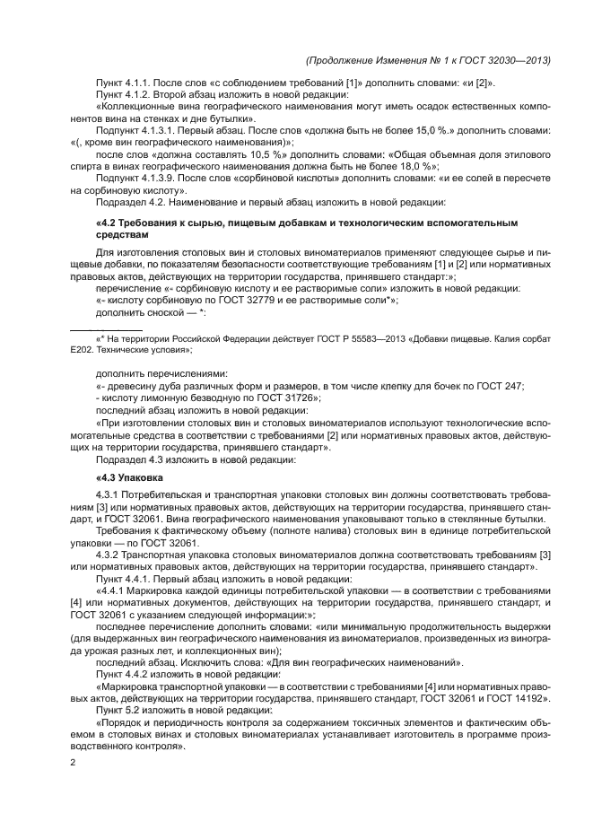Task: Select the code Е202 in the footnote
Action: click(x=83, y=352)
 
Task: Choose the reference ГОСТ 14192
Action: click(x=521, y=697)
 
